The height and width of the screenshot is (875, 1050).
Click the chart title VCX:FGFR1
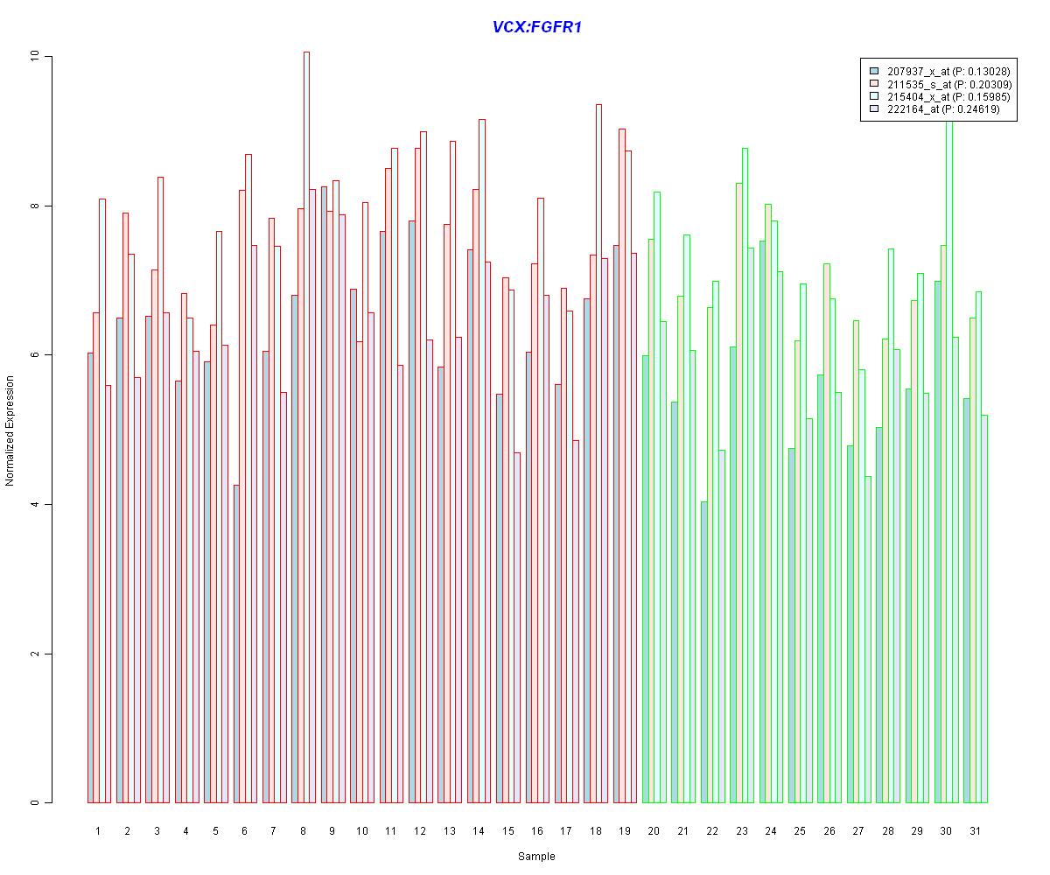point(536,27)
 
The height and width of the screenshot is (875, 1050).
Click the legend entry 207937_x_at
point(937,71)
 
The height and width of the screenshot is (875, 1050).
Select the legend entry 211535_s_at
point(937,84)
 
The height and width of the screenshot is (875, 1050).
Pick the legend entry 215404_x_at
point(937,97)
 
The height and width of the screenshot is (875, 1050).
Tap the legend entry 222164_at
point(931,110)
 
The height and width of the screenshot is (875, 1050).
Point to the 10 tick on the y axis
point(35,56)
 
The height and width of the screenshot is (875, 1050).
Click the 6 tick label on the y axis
point(35,355)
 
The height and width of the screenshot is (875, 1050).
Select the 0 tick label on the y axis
point(35,802)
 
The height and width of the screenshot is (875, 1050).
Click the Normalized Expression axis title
point(10,430)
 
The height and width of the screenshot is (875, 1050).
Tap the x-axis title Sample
point(536,857)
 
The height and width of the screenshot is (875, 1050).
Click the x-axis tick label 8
point(303,831)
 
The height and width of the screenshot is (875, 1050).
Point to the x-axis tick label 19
point(624,831)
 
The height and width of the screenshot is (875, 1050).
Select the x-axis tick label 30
point(946,831)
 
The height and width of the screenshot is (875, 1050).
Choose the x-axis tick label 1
point(98,831)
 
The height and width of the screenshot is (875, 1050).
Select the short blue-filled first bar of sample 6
point(236,643)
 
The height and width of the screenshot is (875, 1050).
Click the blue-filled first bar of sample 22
point(703,652)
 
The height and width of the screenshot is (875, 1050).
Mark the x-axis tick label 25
point(800,831)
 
